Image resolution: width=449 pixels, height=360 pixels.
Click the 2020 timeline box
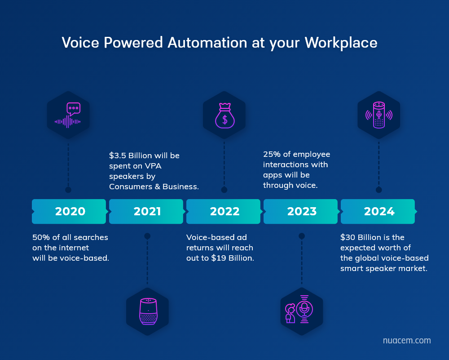click(x=69, y=212)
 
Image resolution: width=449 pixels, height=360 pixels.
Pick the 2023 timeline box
click(x=301, y=212)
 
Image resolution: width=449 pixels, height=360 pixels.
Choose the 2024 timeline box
click(x=378, y=212)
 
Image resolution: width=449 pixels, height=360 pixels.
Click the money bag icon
click(x=225, y=116)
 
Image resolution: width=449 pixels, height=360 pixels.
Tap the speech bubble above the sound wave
click(x=73, y=109)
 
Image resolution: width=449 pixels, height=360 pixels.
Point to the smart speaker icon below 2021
click(x=148, y=311)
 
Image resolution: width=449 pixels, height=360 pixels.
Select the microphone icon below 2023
click(x=304, y=309)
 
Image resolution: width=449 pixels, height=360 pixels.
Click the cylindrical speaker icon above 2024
click(x=379, y=115)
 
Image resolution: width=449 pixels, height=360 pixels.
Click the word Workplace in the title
click(x=341, y=43)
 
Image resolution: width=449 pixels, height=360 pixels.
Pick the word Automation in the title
click(x=207, y=43)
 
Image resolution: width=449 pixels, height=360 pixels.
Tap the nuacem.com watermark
click(x=407, y=340)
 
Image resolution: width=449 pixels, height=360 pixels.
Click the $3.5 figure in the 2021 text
click(x=117, y=156)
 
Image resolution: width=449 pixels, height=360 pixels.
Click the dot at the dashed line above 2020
click(x=68, y=190)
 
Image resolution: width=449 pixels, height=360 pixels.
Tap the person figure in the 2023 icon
click(x=290, y=313)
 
